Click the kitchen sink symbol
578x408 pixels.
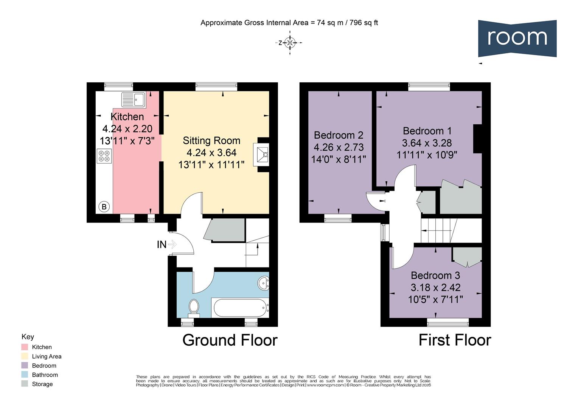(133, 100)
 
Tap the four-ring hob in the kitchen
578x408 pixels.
(104, 156)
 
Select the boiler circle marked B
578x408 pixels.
(104, 207)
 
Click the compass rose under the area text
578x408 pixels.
(290, 43)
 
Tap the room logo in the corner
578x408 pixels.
(517, 38)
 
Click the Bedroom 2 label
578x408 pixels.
(339, 135)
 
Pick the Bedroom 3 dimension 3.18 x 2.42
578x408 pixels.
(435, 287)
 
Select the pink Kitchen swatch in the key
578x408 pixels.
(25, 347)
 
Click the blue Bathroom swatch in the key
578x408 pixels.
(25, 375)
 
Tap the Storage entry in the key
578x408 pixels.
(42, 384)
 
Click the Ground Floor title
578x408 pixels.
(230, 340)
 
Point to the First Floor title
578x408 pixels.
(454, 340)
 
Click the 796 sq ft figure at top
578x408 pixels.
(364, 23)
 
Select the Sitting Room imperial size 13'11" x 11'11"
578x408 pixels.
(211, 165)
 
